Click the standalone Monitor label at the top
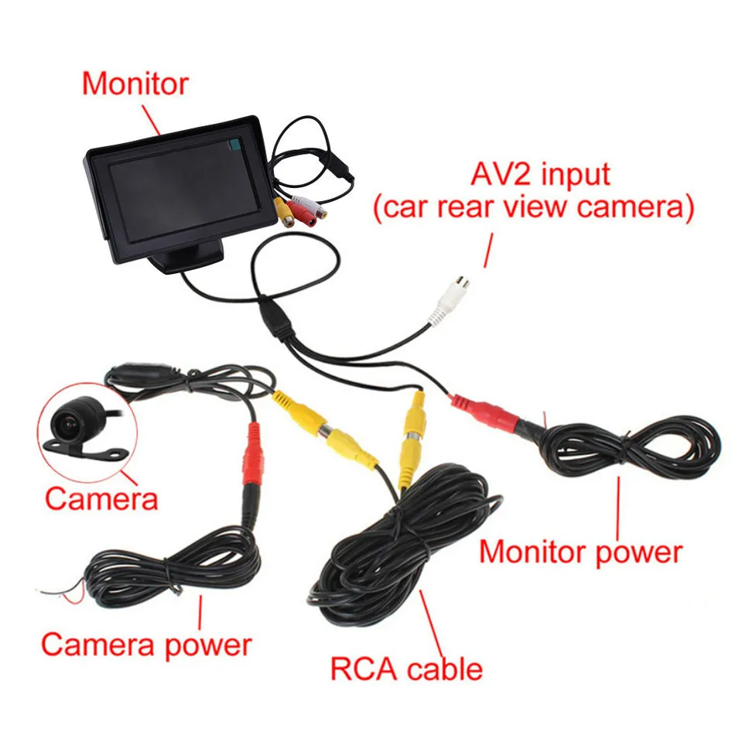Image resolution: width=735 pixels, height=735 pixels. click(x=135, y=84)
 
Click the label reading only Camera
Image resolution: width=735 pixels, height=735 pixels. click(x=101, y=498)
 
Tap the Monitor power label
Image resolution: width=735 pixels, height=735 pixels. click(x=580, y=552)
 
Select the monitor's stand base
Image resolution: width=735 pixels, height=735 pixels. click(x=190, y=255)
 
